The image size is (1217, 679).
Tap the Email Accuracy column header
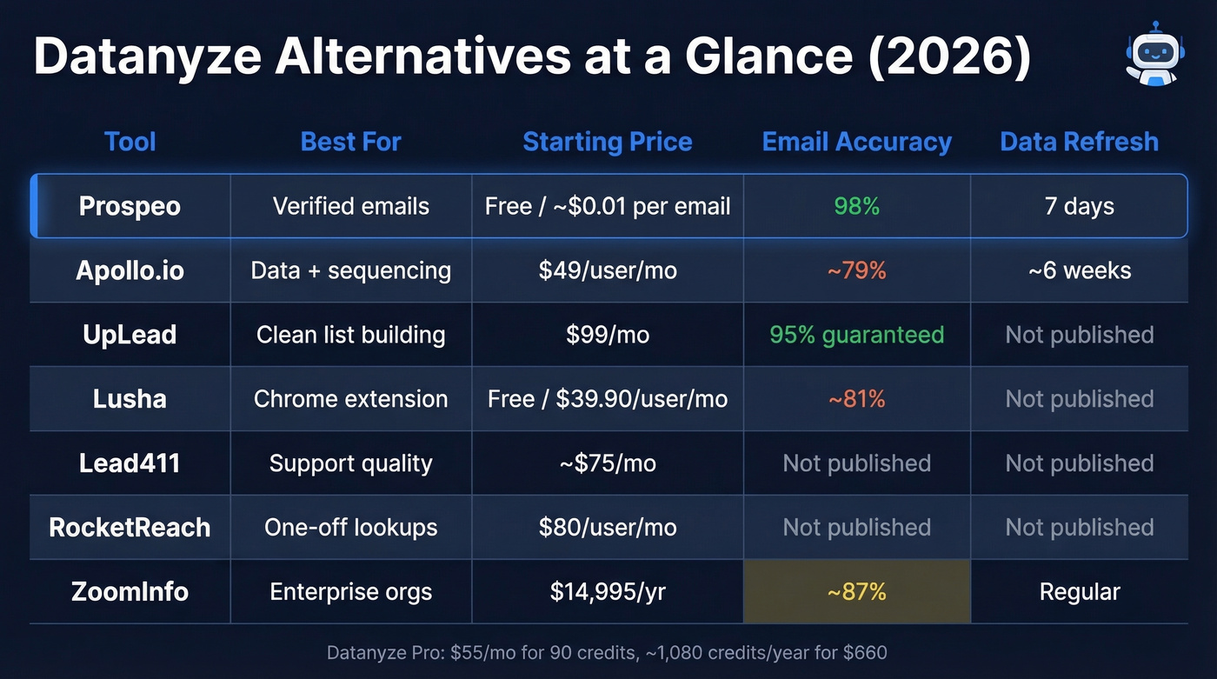856,142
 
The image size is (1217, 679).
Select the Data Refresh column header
1079,142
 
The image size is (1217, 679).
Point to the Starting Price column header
607,142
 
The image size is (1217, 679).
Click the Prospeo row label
130,206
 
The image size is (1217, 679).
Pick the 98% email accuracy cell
856,206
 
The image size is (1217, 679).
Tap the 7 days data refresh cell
1079,206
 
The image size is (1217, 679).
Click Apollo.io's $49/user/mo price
607,270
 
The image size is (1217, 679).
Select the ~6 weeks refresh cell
1079,270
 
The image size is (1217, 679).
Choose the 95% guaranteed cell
856,335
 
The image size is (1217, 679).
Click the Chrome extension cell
350,399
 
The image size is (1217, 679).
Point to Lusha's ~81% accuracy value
856,399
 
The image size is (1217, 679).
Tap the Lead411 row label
130,463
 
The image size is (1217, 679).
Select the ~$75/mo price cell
607,463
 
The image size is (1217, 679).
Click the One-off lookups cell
350,528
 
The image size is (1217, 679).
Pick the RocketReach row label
130,528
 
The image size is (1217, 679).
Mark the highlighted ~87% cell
856,592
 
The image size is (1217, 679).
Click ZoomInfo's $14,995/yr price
607,592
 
